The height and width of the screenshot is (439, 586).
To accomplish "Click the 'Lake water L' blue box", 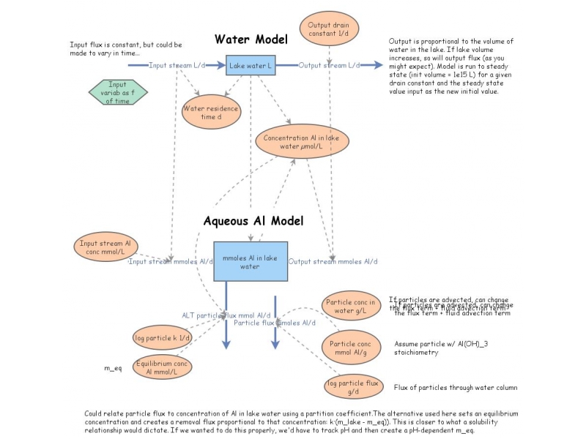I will tap(250, 66).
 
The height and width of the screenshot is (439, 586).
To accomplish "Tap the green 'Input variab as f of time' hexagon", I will tap(118, 93).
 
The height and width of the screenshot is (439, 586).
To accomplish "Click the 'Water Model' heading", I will tap(251, 39).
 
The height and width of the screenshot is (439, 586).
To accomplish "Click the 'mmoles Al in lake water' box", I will tap(250, 261).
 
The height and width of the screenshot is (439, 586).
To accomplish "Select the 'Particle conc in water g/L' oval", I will tap(352, 307).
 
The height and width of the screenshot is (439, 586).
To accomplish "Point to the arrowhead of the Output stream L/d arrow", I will tap(379, 66).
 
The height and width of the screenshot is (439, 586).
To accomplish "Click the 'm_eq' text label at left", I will tap(112, 368).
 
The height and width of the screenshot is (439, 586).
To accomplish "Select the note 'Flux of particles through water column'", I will tap(456, 387).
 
